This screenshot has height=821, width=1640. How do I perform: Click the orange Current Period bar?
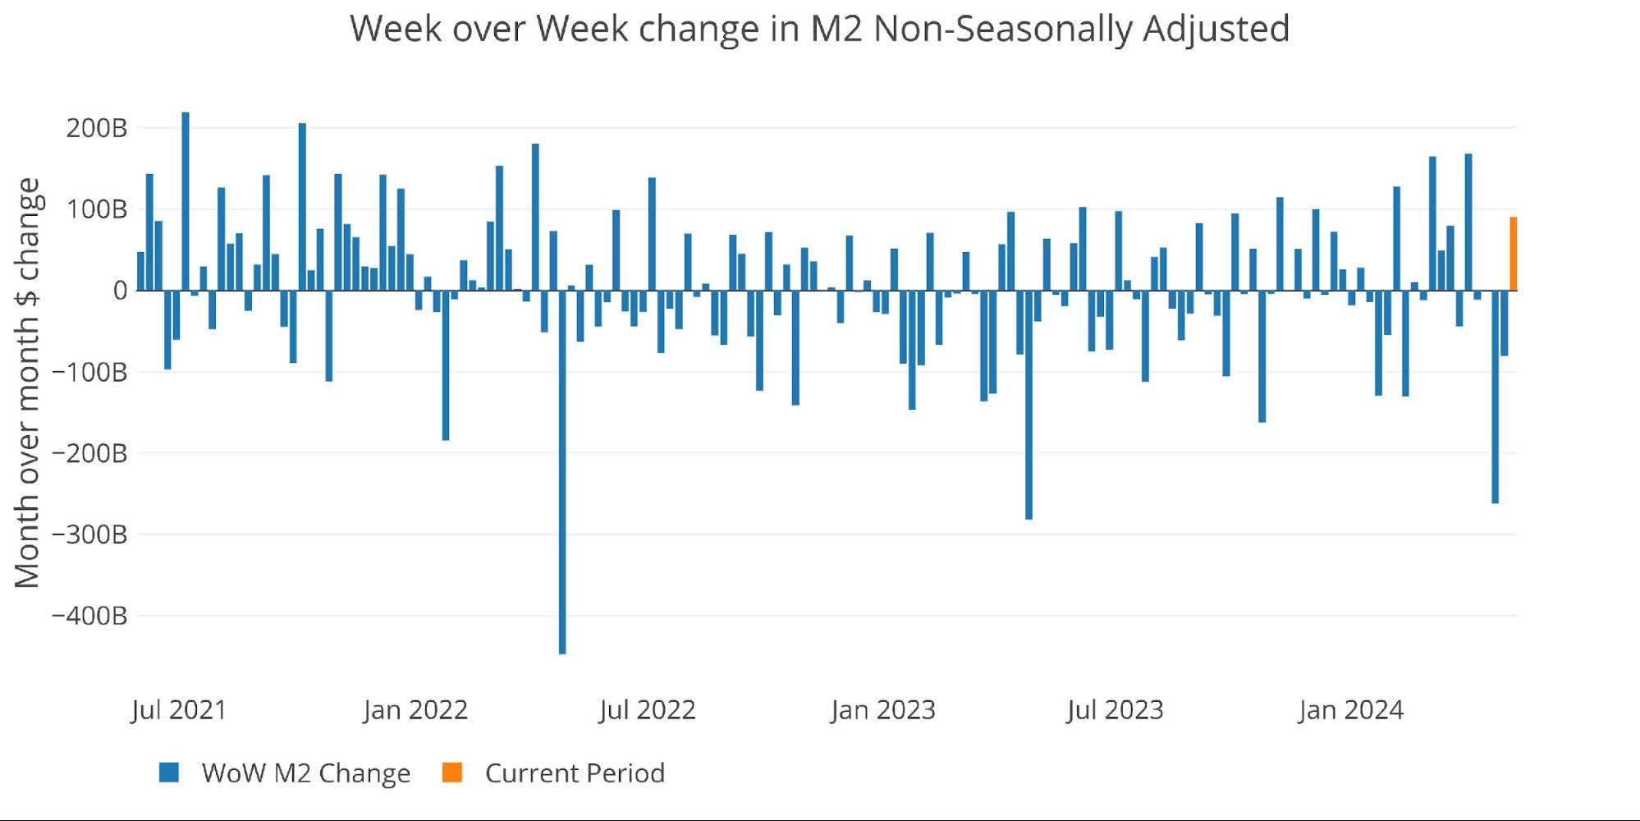1513,255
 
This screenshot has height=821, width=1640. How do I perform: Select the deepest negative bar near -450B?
562,472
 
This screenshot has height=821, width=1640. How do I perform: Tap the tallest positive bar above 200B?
186,201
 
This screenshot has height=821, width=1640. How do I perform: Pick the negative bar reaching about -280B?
1028,405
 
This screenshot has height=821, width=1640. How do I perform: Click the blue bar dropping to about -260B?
1495,397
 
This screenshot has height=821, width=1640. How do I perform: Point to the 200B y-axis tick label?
97,129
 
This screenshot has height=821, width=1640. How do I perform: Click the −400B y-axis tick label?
89,616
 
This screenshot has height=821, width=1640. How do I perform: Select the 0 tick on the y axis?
121,291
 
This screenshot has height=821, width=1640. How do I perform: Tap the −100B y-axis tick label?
89,372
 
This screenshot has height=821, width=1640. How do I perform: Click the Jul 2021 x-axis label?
179,709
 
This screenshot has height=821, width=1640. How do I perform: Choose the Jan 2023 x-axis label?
883,709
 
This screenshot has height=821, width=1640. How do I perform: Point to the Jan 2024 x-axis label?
1351,709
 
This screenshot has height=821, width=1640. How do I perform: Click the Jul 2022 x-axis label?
648,709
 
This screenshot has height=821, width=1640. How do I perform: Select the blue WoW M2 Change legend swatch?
169,773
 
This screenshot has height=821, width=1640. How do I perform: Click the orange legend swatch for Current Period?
452,773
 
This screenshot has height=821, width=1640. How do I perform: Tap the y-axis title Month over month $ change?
27,383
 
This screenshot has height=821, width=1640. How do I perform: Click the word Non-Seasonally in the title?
1002,29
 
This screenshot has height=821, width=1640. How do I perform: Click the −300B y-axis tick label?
89,534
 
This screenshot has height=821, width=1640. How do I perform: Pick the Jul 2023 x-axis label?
1115,709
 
